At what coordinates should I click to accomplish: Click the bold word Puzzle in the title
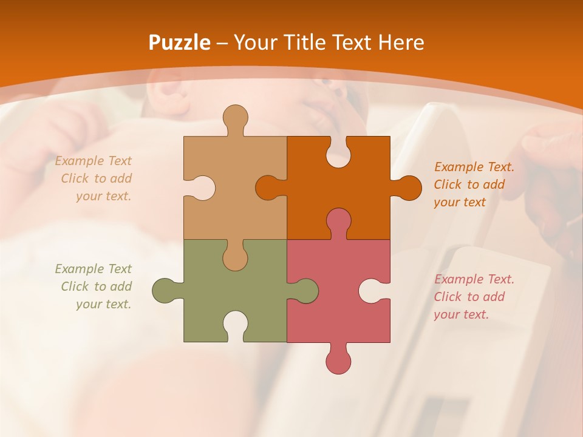(x=180, y=42)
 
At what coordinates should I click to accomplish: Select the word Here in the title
(x=401, y=42)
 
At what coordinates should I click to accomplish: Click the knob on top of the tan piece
(x=236, y=118)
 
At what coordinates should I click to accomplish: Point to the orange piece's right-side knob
(x=407, y=188)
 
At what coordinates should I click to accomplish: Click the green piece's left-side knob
(x=165, y=290)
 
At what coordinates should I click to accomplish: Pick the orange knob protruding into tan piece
(x=269, y=188)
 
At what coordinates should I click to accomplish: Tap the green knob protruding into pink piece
(x=305, y=290)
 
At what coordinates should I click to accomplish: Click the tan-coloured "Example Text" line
(x=94, y=161)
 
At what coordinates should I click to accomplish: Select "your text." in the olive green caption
(x=103, y=304)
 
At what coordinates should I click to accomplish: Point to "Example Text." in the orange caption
(x=474, y=167)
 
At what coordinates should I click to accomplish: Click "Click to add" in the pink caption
(x=469, y=297)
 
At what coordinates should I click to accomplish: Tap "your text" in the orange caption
(x=460, y=202)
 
